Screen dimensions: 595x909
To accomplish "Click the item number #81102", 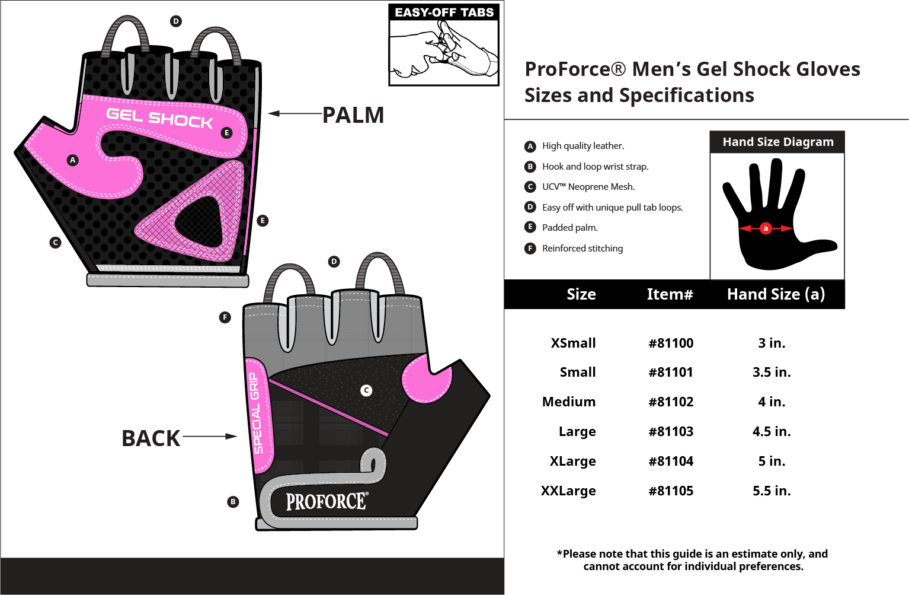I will coord(671,402).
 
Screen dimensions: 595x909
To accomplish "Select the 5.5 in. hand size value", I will coord(772,491).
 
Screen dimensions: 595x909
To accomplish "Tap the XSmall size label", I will coord(573,343).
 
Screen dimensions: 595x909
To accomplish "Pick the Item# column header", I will coord(670,294).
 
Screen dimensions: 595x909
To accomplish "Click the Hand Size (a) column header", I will coord(776,294).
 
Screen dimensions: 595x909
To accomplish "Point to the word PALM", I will coord(353,115).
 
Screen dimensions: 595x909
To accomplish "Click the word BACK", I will coord(151,438).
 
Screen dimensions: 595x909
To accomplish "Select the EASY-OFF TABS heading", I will coord(444,12).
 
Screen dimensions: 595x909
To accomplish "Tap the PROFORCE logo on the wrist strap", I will coord(327,502).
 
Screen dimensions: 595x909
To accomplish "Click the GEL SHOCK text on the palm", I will coord(159,118).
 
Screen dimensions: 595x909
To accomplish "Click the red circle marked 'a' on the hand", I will coord(766,228).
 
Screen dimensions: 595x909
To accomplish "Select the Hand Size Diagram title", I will coord(777,142).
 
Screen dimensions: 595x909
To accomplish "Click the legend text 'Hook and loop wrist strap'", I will coord(595,167).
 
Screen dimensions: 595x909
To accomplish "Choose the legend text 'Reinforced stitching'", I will coord(582,249).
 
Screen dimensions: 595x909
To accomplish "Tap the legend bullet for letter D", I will coord(530,207).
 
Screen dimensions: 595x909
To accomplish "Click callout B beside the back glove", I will coord(233,502).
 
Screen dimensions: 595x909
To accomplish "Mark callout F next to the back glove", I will coord(225,317).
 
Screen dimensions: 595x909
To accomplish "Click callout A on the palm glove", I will coord(72,160).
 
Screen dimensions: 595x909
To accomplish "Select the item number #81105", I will coord(671,491).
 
